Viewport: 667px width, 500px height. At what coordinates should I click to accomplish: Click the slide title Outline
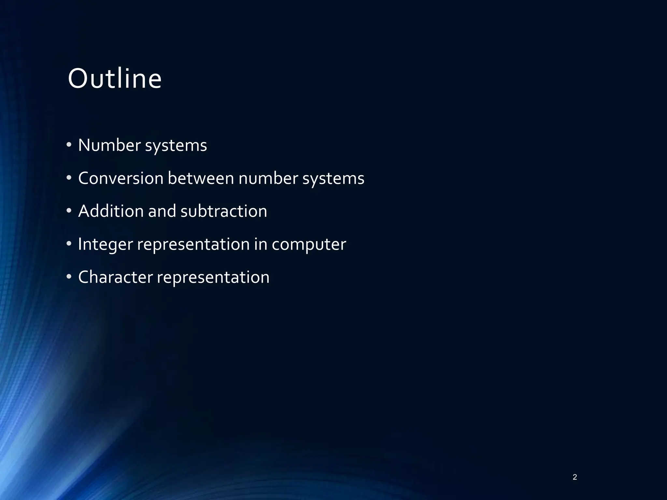(115, 79)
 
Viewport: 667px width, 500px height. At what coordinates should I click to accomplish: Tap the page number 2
(575, 477)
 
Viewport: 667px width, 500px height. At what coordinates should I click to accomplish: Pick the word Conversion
(121, 178)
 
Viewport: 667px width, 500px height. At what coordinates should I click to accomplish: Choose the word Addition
(111, 211)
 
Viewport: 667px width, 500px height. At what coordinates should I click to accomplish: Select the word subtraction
(224, 211)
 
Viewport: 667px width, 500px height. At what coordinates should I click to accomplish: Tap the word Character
(116, 277)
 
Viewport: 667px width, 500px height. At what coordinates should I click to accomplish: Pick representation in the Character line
(213, 278)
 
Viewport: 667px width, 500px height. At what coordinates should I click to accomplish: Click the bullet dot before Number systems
(69, 145)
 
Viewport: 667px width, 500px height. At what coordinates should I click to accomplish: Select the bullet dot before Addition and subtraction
(69, 211)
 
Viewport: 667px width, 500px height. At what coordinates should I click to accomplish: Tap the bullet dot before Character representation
(69, 277)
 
